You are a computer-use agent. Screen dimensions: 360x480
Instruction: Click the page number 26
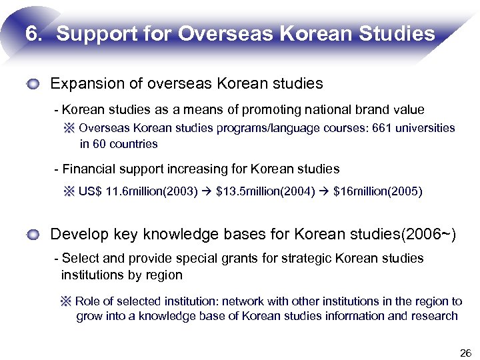(465, 352)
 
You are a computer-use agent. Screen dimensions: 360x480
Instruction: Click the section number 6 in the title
(32, 33)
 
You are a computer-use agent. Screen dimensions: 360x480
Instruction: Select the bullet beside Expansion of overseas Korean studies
(34, 84)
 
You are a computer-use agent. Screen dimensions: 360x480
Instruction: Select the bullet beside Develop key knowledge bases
(34, 235)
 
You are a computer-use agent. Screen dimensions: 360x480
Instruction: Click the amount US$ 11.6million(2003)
(138, 191)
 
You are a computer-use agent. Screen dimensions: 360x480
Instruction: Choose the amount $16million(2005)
(377, 191)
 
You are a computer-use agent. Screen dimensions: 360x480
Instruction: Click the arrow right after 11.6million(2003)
(207, 191)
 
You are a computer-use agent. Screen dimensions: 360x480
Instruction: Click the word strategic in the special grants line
(307, 258)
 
